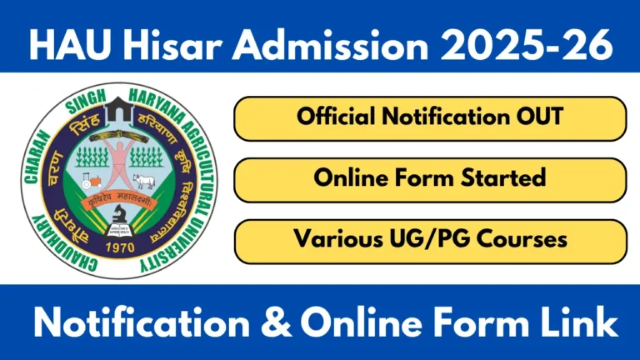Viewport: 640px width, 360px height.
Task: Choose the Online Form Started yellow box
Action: pyautogui.click(x=429, y=178)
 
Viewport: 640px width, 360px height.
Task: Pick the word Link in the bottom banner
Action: pyautogui.click(x=578, y=322)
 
